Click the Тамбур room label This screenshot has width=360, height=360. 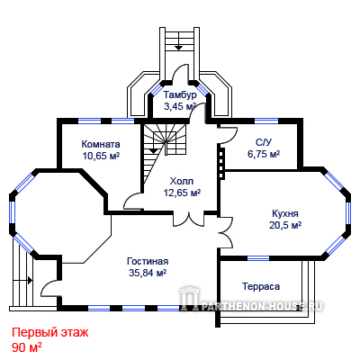pyautogui.click(x=180, y=94)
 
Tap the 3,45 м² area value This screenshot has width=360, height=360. pyautogui.click(x=180, y=106)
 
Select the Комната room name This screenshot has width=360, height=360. pyautogui.click(x=101, y=144)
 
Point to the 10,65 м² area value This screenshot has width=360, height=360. pyautogui.click(x=101, y=156)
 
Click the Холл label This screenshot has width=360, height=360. pyautogui.click(x=182, y=181)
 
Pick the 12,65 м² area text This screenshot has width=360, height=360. pyautogui.click(x=182, y=193)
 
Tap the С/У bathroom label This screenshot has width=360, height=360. pyautogui.click(x=264, y=142)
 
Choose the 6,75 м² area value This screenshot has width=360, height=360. pyautogui.click(x=264, y=154)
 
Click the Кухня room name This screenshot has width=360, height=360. pyautogui.click(x=285, y=213)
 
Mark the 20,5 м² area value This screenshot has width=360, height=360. pyautogui.click(x=285, y=225)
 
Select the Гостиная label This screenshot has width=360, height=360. pyautogui.click(x=148, y=261)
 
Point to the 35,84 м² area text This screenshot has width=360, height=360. pyautogui.click(x=148, y=273)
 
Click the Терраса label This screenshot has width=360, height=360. pyautogui.click(x=261, y=286)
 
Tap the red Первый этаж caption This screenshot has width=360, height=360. pyautogui.click(x=50, y=333)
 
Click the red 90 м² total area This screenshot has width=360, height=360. pyautogui.click(x=27, y=347)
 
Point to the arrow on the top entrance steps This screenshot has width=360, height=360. pyautogui.click(x=179, y=44)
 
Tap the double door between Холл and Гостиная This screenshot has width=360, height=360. pyautogui.click(x=189, y=219)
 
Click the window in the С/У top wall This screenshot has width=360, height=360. pyautogui.click(x=266, y=121)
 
